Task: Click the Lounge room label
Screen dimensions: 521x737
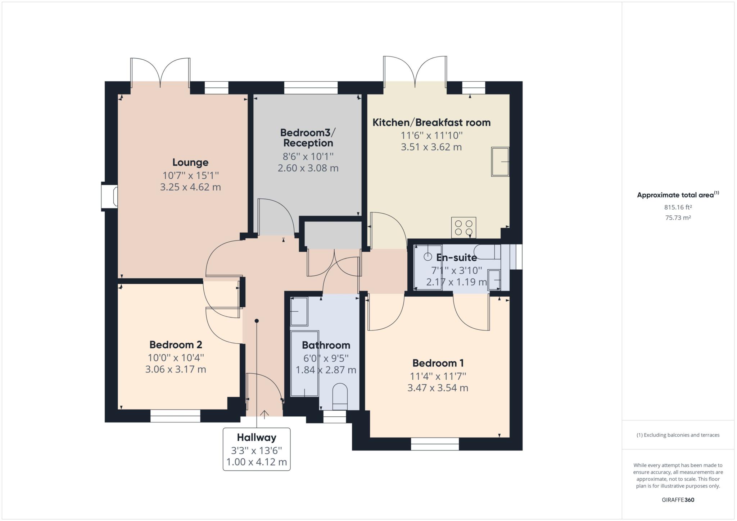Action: pyautogui.click(x=190, y=162)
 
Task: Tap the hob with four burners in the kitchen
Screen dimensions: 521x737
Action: pyautogui.click(x=464, y=228)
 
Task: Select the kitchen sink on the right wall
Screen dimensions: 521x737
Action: pyautogui.click(x=500, y=161)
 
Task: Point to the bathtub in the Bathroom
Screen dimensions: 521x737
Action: pyautogui.click(x=304, y=363)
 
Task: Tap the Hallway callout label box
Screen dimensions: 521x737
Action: pyautogui.click(x=257, y=449)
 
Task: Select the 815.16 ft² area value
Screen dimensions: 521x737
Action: pyautogui.click(x=678, y=207)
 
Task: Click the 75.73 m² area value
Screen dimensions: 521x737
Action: pyautogui.click(x=678, y=218)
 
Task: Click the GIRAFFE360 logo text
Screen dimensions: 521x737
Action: pyautogui.click(x=678, y=500)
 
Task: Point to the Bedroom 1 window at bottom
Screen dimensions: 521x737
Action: pyautogui.click(x=435, y=444)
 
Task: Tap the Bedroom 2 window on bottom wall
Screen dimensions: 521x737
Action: pyautogui.click(x=175, y=416)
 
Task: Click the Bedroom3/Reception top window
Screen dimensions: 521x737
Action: pyautogui.click(x=311, y=88)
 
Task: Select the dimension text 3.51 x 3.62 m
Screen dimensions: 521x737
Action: pyautogui.click(x=431, y=147)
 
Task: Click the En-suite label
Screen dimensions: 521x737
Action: pyautogui.click(x=456, y=257)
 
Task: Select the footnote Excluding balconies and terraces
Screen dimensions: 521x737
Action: pyautogui.click(x=678, y=435)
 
